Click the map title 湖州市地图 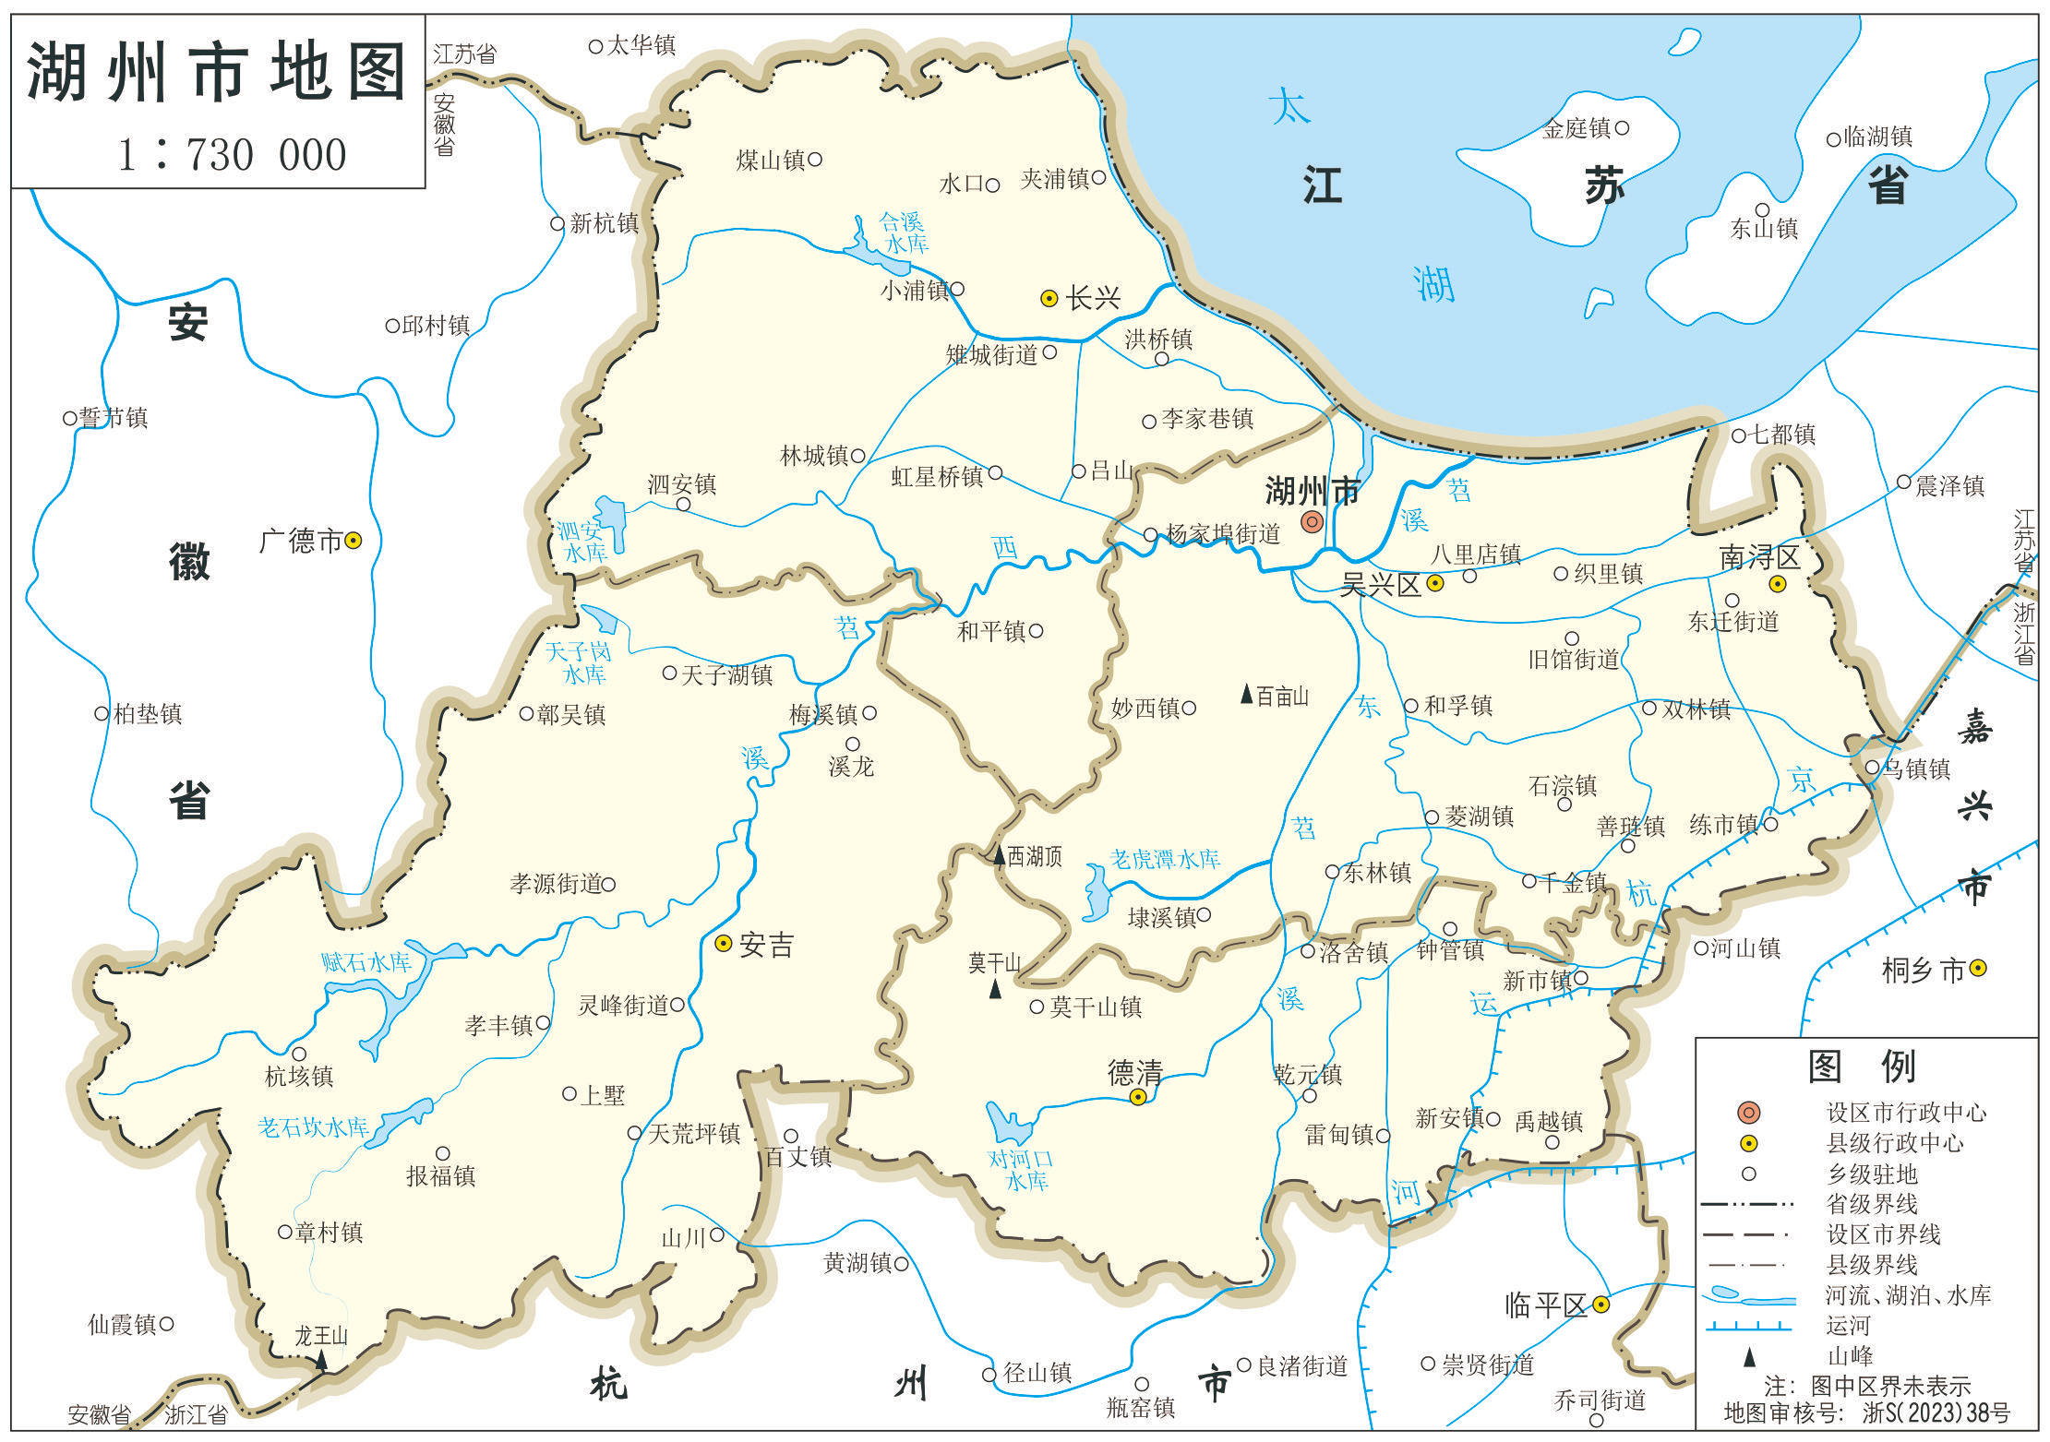tap(217, 72)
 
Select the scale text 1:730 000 tap(233, 154)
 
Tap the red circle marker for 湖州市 tap(1312, 522)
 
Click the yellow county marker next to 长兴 tap(1049, 298)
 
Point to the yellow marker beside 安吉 tap(724, 943)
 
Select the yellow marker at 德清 tap(1138, 1097)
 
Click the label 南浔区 tap(1759, 557)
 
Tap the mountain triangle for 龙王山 tap(321, 1359)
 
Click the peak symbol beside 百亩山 tap(1246, 694)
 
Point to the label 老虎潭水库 tap(1165, 859)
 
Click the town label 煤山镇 tap(771, 161)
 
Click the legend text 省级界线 tap(1872, 1204)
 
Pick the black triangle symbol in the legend tap(1748, 1357)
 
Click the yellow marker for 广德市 tap(353, 541)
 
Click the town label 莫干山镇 tap(1096, 1007)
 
